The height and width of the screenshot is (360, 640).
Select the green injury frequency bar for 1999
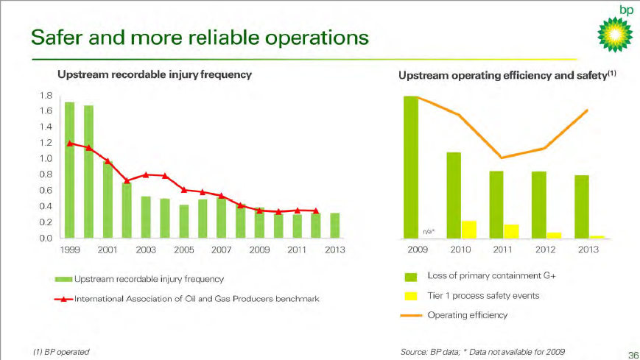coord(70,169)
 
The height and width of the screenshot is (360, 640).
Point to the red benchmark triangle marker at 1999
coord(70,144)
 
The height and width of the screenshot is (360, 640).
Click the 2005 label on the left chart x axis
coord(184,250)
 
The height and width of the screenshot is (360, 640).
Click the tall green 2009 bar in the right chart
coord(411,167)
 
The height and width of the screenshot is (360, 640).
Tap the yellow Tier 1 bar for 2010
coord(468,229)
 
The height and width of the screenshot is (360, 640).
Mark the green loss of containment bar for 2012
coord(539,205)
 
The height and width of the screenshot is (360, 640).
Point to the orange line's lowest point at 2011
coord(502,158)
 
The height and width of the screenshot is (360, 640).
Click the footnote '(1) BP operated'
coord(62,352)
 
